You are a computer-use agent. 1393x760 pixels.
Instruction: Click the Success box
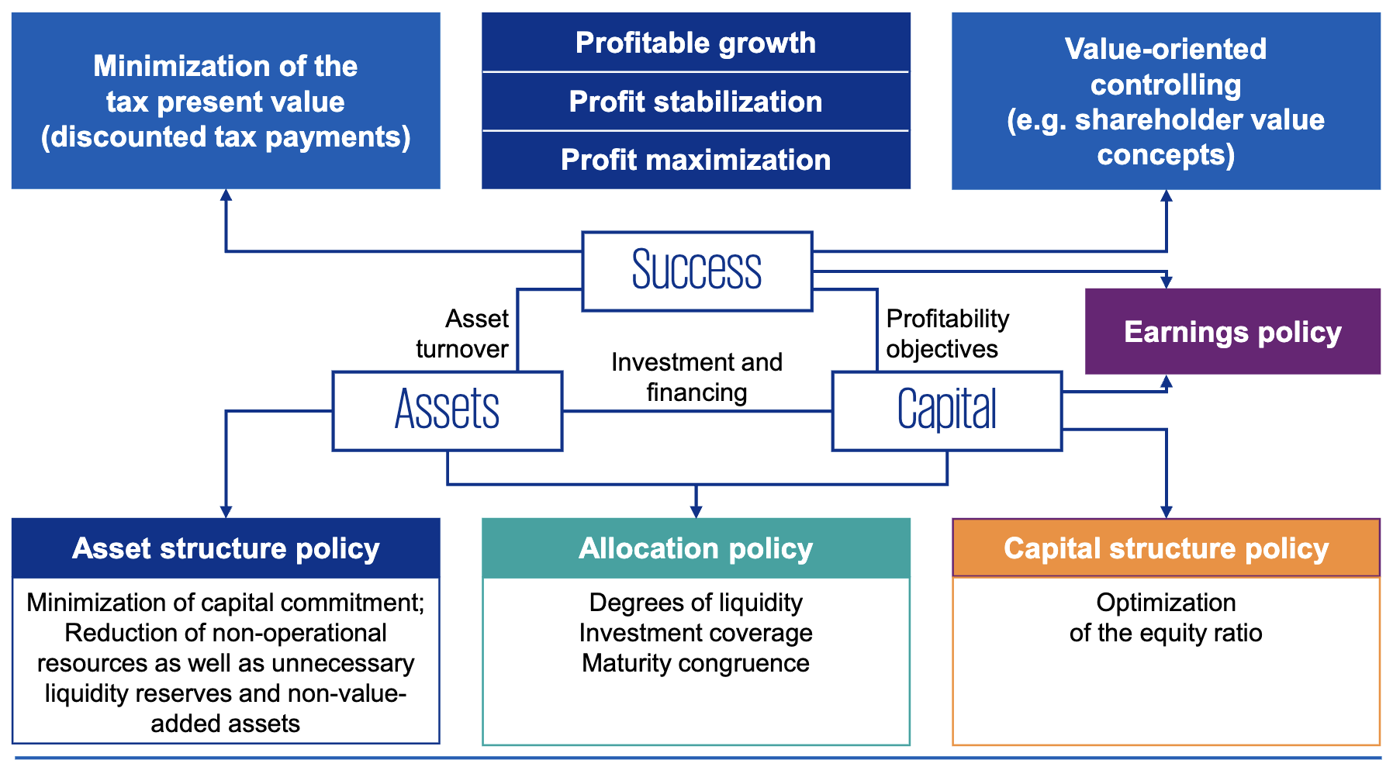pyautogui.click(x=696, y=271)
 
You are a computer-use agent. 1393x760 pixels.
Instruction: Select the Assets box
pyautogui.click(x=447, y=410)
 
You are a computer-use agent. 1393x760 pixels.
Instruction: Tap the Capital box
pyautogui.click(x=946, y=410)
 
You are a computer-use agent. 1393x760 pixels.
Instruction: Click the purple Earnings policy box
pyautogui.click(x=1232, y=332)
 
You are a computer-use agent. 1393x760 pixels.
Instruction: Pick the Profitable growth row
pyautogui.click(x=696, y=43)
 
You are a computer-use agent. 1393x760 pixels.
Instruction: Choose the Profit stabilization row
pyautogui.click(x=696, y=102)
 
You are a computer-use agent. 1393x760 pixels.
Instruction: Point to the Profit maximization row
pyautogui.click(x=696, y=160)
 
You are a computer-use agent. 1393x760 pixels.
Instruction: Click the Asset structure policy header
pyautogui.click(x=226, y=548)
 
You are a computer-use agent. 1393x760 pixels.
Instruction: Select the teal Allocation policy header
pyautogui.click(x=696, y=548)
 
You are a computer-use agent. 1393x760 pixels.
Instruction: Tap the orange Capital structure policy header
pyautogui.click(x=1166, y=548)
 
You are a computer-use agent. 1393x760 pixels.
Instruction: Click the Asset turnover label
pyautogui.click(x=463, y=333)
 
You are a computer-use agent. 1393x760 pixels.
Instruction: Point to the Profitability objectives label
pyautogui.click(x=947, y=333)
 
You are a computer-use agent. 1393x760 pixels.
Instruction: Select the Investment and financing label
pyautogui.click(x=696, y=377)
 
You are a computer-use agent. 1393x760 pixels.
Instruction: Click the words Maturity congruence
pyautogui.click(x=696, y=663)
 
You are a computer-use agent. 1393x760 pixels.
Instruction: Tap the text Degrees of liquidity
pyautogui.click(x=696, y=603)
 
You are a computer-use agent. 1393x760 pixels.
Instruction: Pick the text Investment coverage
pyautogui.click(x=696, y=633)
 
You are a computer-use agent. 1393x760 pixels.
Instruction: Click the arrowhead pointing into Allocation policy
pyautogui.click(x=696, y=512)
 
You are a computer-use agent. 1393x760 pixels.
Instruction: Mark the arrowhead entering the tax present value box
pyautogui.click(x=226, y=195)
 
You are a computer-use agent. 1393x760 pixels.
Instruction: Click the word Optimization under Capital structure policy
pyautogui.click(x=1166, y=603)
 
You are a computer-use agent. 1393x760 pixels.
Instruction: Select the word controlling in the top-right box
pyautogui.click(x=1166, y=85)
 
